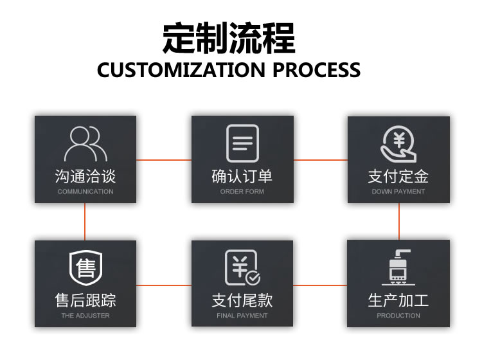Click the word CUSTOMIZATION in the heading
182,69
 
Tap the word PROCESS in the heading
316,69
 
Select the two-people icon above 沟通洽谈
85,143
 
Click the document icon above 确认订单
242,143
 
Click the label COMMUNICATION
85,192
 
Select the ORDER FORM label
242,192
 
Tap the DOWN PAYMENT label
398,192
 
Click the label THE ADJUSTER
85,316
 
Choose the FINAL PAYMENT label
242,316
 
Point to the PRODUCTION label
398,316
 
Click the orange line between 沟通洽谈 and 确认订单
164,159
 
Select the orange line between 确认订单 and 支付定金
321,159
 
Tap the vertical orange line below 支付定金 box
399,222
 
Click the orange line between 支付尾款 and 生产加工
321,285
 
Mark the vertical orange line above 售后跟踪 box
85,222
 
